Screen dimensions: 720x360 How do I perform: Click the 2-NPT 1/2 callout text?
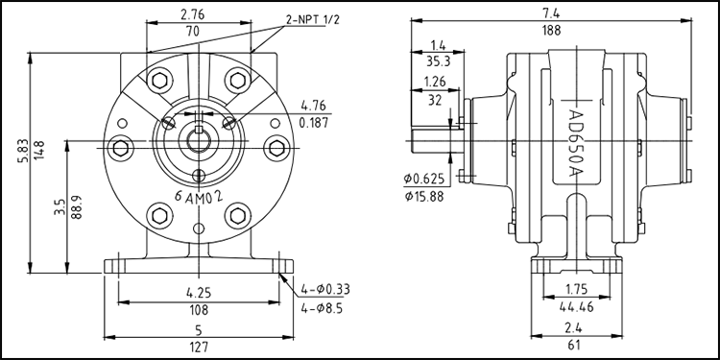(313, 20)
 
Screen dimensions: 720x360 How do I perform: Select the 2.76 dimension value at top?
(192, 14)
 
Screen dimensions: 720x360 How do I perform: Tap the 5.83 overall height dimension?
(23, 150)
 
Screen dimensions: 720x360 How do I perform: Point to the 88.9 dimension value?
(77, 207)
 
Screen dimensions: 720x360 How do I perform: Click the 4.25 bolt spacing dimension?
(199, 293)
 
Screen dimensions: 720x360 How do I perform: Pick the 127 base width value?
(199, 346)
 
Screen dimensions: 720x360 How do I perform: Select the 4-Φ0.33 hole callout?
(325, 289)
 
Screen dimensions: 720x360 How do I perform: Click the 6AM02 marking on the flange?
(199, 197)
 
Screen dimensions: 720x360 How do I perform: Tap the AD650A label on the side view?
(575, 143)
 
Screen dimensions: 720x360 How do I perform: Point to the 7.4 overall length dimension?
(551, 12)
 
